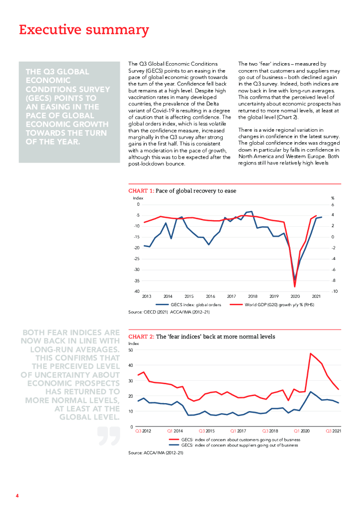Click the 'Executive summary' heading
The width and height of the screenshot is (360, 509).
[84, 30]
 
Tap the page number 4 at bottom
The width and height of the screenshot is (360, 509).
[17, 496]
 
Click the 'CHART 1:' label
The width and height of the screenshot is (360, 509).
[141, 191]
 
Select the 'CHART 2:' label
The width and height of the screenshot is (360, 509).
[141, 337]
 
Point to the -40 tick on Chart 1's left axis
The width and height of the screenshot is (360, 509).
[137, 291]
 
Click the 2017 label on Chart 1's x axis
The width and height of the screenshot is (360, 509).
[232, 296]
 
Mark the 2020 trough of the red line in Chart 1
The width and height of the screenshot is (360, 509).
[295, 287]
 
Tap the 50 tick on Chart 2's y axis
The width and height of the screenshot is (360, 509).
[131, 350]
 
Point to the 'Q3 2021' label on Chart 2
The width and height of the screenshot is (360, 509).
[333, 430]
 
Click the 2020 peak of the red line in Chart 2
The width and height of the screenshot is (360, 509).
[311, 353]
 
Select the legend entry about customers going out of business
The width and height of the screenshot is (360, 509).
[234, 440]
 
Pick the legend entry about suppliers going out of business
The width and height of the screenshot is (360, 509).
[234, 445]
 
